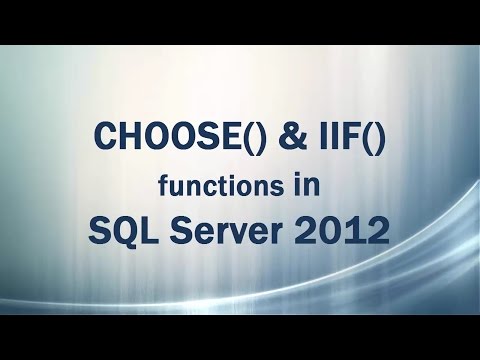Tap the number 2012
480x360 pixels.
(x=346, y=232)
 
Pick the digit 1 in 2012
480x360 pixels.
(x=357, y=232)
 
